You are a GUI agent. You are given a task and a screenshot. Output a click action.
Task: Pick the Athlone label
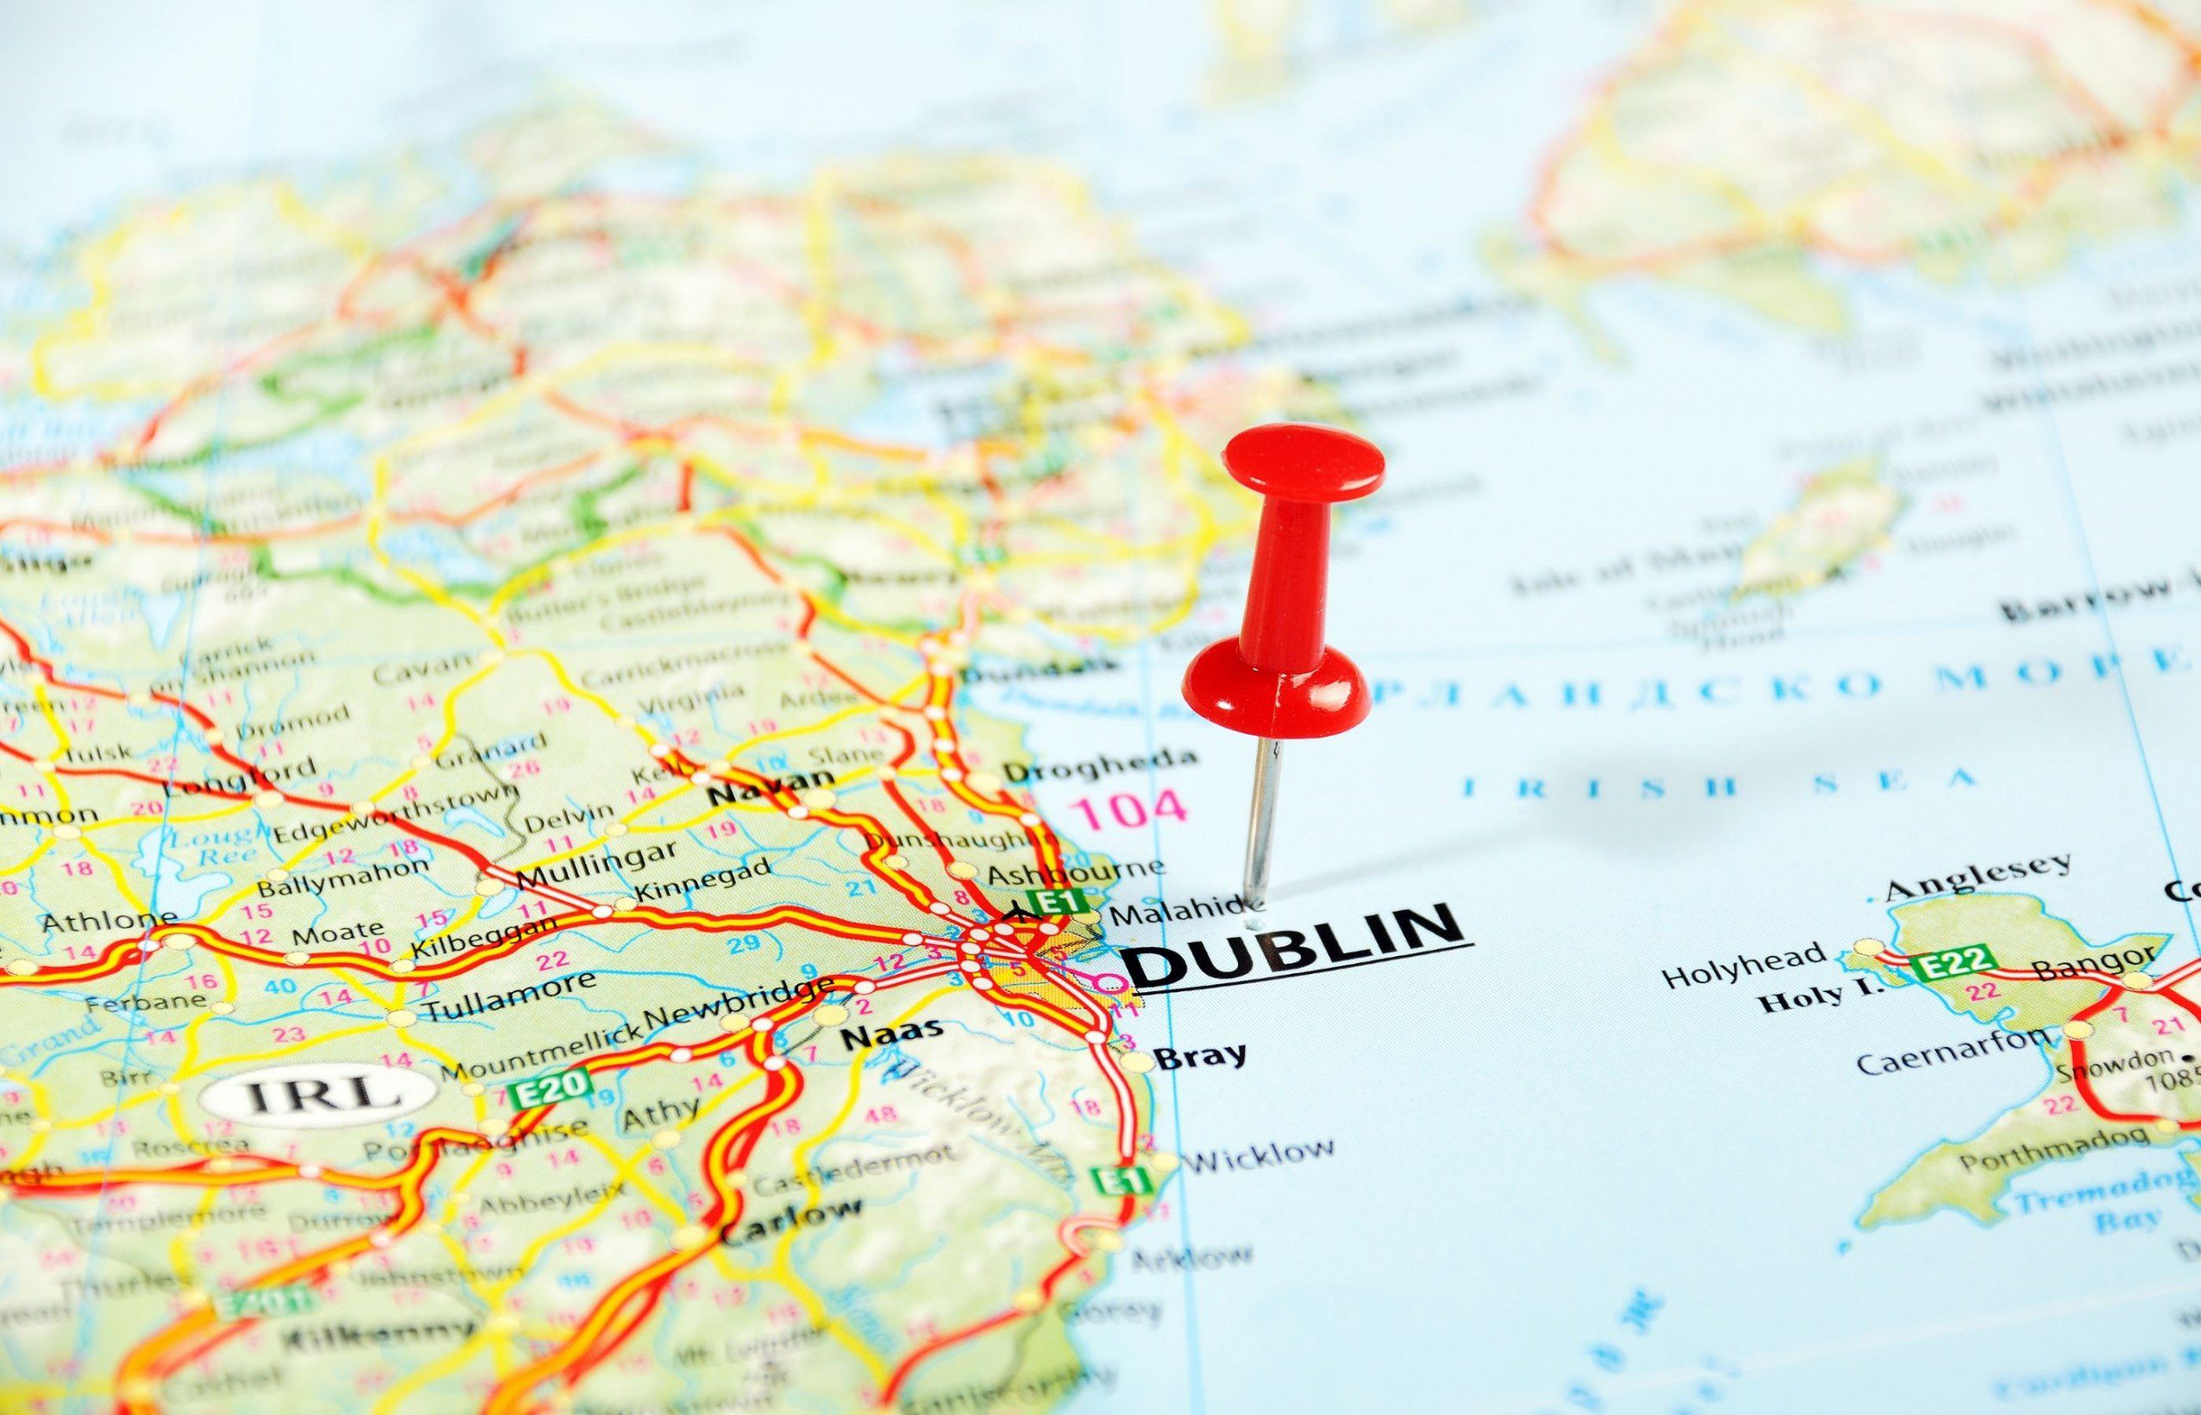tap(110, 919)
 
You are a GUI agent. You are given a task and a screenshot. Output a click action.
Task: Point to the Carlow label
tap(791, 1220)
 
